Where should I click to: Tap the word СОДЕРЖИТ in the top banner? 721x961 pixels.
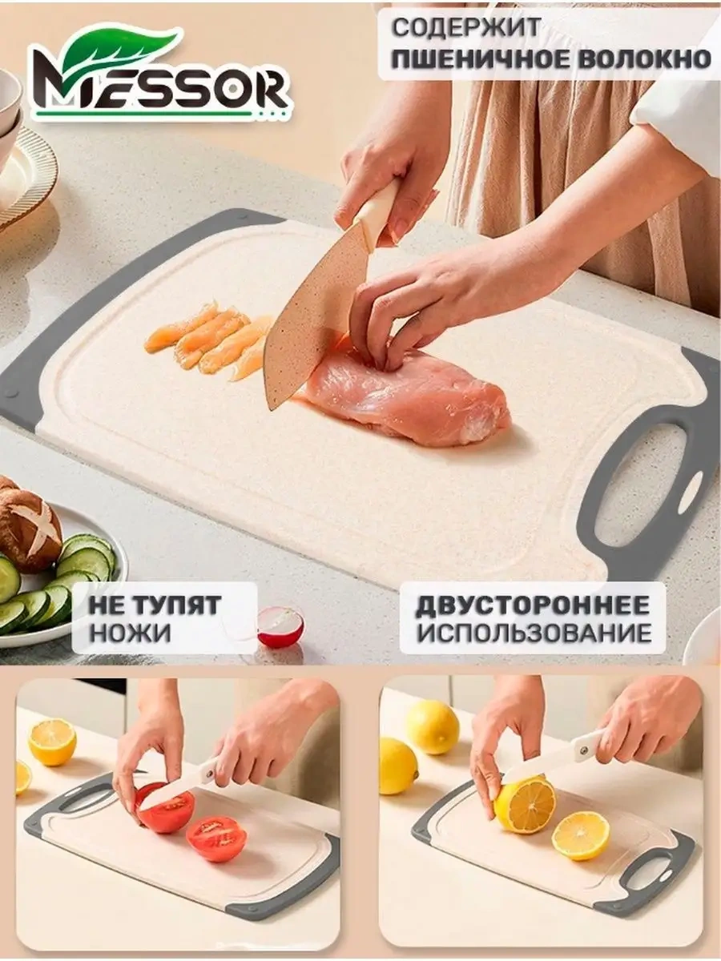[x=465, y=28]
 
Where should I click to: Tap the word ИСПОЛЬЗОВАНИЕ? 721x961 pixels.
[x=534, y=632]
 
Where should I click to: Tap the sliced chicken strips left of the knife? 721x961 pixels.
[x=206, y=341]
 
